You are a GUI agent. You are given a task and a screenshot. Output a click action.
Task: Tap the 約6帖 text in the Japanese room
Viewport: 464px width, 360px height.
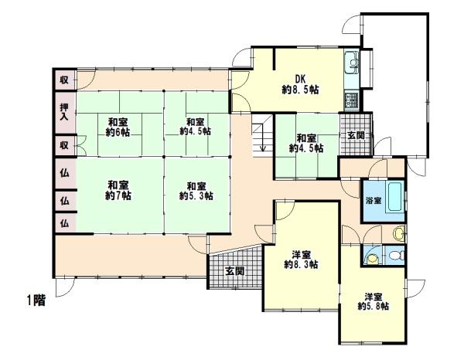pyautogui.click(x=118, y=132)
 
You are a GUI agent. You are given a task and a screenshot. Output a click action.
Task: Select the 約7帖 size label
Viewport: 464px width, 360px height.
pyautogui.click(x=118, y=195)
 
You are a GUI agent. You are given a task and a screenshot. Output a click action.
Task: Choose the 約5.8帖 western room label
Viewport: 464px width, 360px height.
pyautogui.click(x=374, y=306)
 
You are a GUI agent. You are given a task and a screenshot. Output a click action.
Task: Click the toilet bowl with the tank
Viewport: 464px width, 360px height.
pyautogui.click(x=397, y=256)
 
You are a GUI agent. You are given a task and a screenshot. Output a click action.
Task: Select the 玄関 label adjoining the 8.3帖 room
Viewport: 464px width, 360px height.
pyautogui.click(x=234, y=271)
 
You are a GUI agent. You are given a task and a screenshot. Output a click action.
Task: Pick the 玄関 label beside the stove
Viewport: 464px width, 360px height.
pyautogui.click(x=356, y=136)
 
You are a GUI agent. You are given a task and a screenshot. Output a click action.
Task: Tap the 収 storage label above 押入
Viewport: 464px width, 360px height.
pyautogui.click(x=64, y=79)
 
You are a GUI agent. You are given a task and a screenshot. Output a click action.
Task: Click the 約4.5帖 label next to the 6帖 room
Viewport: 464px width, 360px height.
pyautogui.click(x=195, y=132)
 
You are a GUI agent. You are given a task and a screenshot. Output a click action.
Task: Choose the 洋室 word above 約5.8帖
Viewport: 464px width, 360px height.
pyautogui.click(x=374, y=295)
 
